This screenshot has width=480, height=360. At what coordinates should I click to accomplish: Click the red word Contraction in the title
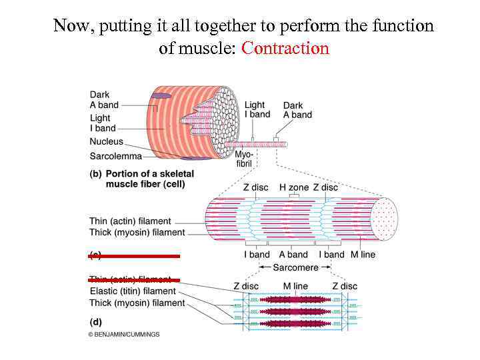tap(285, 49)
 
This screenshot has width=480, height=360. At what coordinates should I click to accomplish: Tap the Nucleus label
tap(106, 141)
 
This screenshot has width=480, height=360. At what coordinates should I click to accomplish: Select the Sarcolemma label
tap(115, 156)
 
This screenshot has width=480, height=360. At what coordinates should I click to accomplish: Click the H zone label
tap(293, 187)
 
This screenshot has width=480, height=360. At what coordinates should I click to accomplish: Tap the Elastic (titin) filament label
tap(132, 291)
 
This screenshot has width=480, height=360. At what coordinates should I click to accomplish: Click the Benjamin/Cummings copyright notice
tap(124, 334)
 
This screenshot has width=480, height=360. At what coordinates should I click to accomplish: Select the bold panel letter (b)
tap(95, 173)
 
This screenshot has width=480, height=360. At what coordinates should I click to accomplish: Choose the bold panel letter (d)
tap(95, 321)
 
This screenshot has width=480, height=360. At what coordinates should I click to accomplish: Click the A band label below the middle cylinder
tap(293, 254)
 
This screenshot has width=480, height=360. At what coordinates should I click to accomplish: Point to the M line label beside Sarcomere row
tap(363, 254)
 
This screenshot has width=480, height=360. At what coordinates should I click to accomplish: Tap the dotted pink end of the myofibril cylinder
tap(385, 218)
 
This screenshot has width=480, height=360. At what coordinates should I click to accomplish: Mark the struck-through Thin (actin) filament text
tap(130, 279)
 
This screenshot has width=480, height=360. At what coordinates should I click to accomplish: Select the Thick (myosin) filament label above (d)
tap(137, 303)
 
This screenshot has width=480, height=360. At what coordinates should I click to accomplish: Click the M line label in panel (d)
tap(295, 286)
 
